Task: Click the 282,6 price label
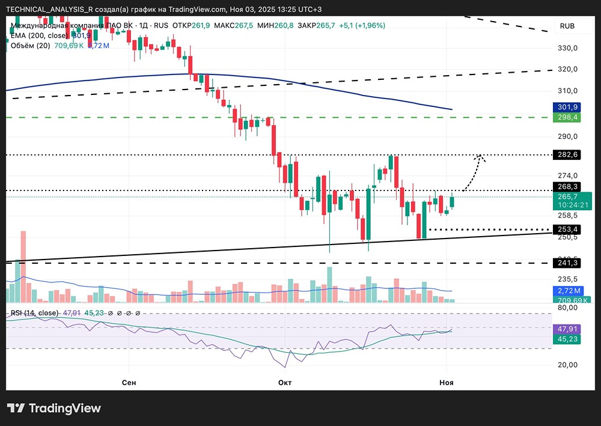(x=568, y=155)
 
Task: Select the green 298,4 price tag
(x=568, y=117)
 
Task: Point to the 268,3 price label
(x=568, y=186)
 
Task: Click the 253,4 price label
(x=568, y=230)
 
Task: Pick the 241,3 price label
(x=568, y=263)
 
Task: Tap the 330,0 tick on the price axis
(x=568, y=48)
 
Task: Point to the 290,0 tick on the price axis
(x=568, y=137)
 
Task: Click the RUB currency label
(x=567, y=26)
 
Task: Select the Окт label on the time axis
(x=286, y=382)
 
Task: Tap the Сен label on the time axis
(x=129, y=382)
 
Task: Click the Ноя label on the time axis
(x=446, y=382)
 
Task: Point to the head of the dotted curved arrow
(x=480, y=156)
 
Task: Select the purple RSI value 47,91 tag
(x=568, y=329)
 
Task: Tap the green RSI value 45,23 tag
(x=568, y=339)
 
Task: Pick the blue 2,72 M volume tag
(x=568, y=291)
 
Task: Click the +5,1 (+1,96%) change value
(x=362, y=26)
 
